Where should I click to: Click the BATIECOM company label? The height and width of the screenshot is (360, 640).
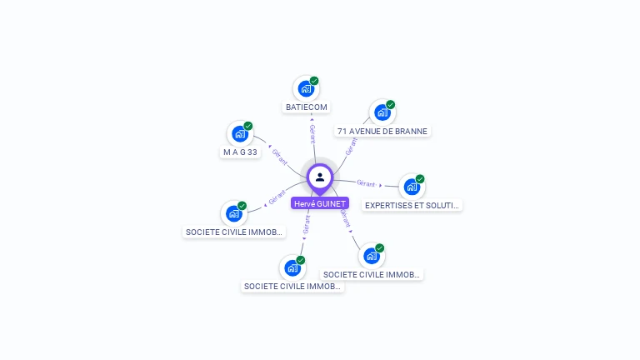pyautogui.click(x=307, y=107)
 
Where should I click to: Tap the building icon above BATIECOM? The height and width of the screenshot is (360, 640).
pyautogui.click(x=306, y=88)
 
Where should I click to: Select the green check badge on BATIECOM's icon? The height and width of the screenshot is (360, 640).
pyautogui.click(x=314, y=81)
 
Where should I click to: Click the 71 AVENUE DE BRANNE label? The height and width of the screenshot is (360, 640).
pyautogui.click(x=382, y=131)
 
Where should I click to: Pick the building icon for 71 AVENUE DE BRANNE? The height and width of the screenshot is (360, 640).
pyautogui.click(x=382, y=112)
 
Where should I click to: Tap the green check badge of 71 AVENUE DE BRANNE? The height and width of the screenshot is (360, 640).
pyautogui.click(x=390, y=105)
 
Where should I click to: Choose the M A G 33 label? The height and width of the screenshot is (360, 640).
pyautogui.click(x=240, y=152)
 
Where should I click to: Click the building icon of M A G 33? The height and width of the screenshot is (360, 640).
pyautogui.click(x=239, y=133)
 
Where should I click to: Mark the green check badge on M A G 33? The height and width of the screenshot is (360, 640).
pyautogui.click(x=247, y=126)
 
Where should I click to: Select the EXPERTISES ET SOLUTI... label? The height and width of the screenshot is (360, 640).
pyautogui.click(x=412, y=205)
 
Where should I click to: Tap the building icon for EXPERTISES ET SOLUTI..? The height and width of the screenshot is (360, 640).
pyautogui.click(x=411, y=187)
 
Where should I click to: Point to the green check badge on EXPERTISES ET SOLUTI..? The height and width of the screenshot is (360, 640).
pyautogui.click(x=420, y=179)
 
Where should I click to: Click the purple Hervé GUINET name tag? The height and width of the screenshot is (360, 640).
pyautogui.click(x=320, y=203)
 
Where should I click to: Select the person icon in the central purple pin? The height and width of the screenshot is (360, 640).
pyautogui.click(x=320, y=177)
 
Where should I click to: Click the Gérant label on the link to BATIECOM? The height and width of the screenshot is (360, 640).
pyautogui.click(x=312, y=134)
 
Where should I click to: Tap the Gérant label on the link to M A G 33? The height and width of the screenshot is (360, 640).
pyautogui.click(x=280, y=156)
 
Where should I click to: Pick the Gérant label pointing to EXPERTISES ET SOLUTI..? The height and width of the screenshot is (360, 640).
pyautogui.click(x=366, y=183)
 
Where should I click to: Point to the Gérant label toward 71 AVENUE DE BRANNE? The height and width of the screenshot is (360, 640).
pyautogui.click(x=351, y=147)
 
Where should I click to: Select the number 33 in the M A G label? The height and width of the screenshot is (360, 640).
pyautogui.click(x=252, y=152)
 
